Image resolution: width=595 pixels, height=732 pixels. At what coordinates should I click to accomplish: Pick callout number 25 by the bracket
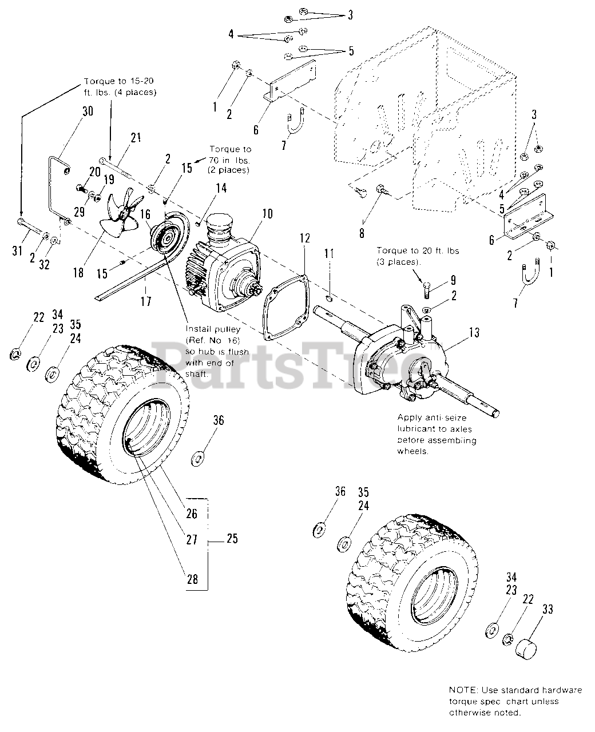232,539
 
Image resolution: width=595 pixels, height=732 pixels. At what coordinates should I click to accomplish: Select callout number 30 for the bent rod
87,111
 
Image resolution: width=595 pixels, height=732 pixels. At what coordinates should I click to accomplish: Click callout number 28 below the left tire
192,579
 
